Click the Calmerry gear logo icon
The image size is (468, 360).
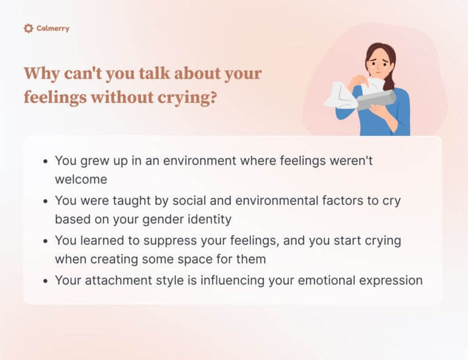point(28,28)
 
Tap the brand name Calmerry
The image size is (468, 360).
point(53,29)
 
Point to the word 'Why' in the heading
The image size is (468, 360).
point(41,74)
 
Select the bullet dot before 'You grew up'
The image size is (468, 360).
point(46,162)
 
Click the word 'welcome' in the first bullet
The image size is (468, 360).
point(81,179)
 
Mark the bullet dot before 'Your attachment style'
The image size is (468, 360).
point(46,281)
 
